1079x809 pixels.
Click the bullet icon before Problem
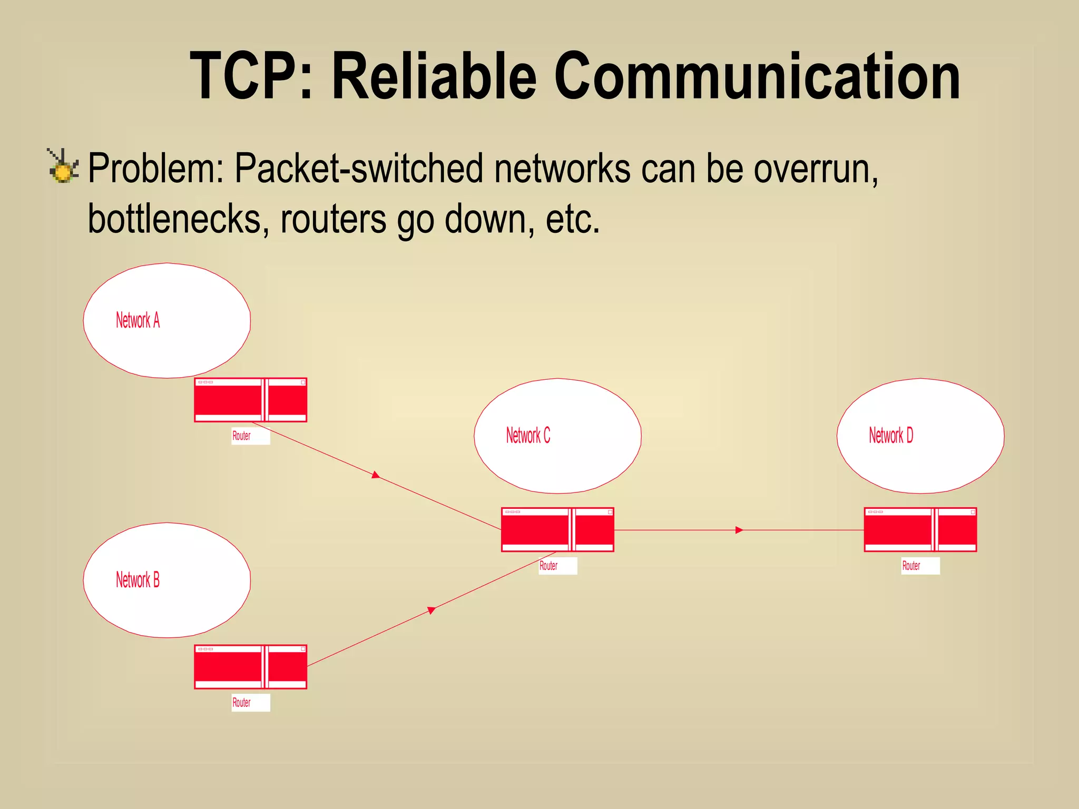[x=63, y=166]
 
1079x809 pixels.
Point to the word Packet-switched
[x=358, y=169]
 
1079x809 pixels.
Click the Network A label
[x=138, y=320]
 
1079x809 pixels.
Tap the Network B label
[x=138, y=580]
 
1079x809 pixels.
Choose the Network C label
[x=528, y=436]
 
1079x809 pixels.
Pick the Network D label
[x=891, y=436]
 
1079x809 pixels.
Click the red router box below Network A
[x=250, y=400]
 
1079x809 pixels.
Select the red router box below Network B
[x=250, y=667]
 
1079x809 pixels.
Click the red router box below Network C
[x=557, y=529]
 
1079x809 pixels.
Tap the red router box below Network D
[x=920, y=529]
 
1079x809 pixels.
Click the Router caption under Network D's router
[x=911, y=566]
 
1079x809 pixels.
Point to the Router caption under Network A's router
[x=241, y=436]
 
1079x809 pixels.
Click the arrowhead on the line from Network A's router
[x=376, y=475]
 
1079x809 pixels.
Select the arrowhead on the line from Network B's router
[x=431, y=610]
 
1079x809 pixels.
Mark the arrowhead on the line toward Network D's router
[x=739, y=530]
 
